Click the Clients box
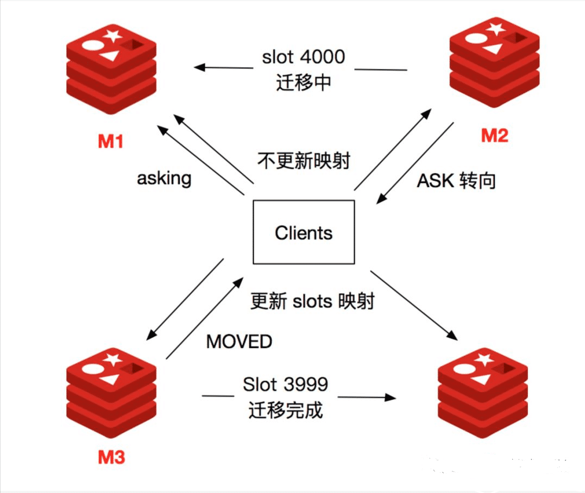coord(304,232)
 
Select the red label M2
coord(494,135)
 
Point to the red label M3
coord(111,457)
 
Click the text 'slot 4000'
coord(303,57)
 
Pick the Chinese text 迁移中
coord(303,83)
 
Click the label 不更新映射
coord(303,161)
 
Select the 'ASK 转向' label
coord(456,181)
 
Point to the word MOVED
coord(239,342)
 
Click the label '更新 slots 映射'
coord(312,301)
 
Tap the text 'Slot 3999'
coord(285,384)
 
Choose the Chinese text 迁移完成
coord(286,410)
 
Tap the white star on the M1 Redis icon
coord(112,36)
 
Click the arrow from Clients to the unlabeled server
coord(413,304)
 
